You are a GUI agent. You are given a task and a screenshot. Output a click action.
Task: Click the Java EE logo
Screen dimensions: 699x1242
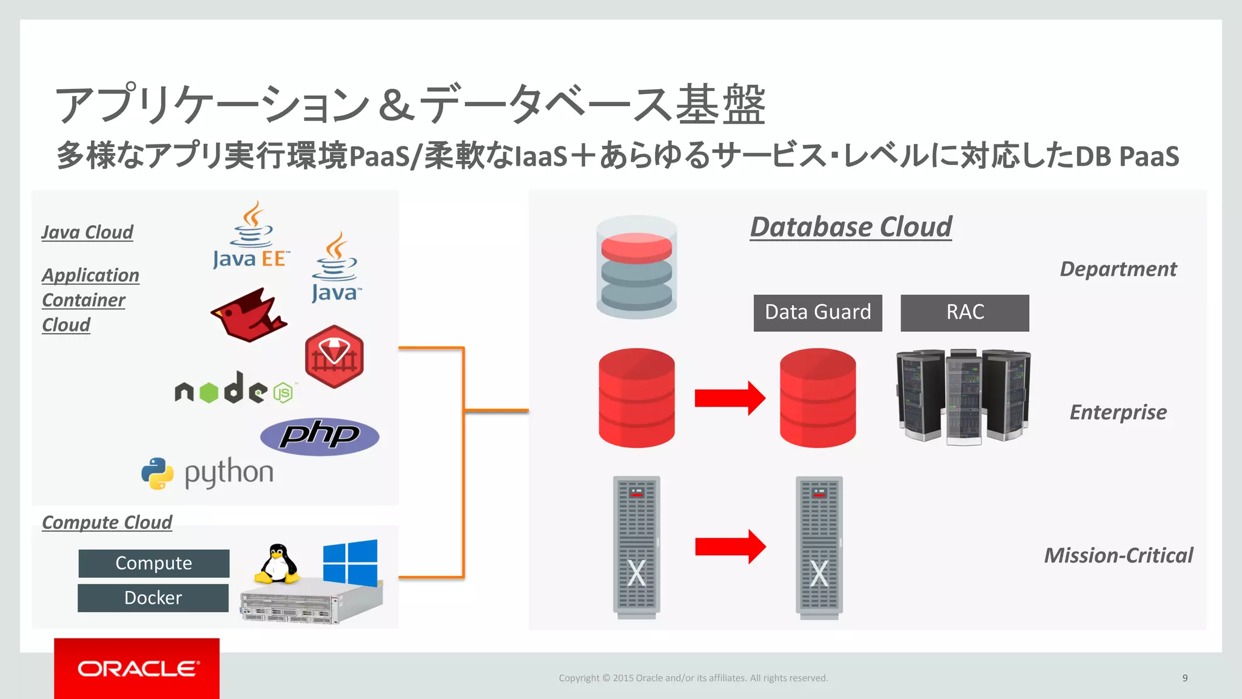click(251, 237)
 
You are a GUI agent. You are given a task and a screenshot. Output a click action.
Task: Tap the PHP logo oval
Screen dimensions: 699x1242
click(320, 436)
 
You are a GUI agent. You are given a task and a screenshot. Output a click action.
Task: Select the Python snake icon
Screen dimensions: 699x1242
click(158, 473)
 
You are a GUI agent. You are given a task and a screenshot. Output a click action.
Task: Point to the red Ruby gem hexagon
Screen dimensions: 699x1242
click(334, 356)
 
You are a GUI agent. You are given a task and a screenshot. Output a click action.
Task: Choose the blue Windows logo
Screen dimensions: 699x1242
click(350, 563)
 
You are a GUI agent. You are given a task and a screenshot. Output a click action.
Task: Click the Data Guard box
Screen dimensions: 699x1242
click(817, 312)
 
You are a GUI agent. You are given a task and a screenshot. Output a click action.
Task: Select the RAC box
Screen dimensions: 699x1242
click(964, 312)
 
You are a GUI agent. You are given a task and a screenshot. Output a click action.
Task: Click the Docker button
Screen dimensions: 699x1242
click(153, 598)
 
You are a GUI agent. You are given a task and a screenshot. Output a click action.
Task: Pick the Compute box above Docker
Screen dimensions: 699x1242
click(153, 563)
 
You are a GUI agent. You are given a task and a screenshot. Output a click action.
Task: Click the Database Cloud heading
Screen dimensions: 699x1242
click(851, 227)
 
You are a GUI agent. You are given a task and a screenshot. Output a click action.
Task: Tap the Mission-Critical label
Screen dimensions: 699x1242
click(1118, 555)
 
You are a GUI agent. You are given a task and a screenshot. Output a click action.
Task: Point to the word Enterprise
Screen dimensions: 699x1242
click(1118, 412)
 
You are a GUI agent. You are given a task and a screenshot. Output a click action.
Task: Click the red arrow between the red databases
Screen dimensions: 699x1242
click(730, 398)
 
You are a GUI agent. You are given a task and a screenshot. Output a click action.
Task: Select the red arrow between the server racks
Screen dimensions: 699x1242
click(730, 547)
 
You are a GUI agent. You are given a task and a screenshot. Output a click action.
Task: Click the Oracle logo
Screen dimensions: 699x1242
click(137, 669)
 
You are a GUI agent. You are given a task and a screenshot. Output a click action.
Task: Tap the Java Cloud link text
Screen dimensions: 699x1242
click(87, 232)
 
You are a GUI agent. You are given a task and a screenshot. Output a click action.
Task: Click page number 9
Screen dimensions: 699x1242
click(1184, 678)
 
